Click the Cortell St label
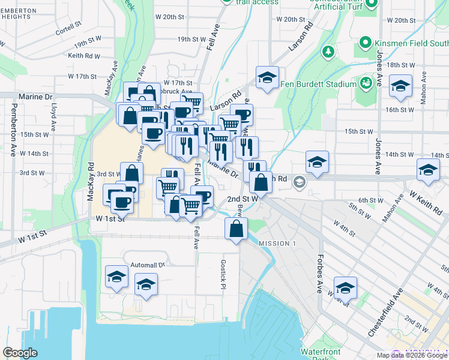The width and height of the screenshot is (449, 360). (68, 27)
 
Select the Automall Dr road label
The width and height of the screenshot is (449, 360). (148, 265)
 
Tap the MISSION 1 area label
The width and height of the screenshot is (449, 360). (277, 243)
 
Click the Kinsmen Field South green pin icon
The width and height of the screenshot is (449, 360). (364, 43)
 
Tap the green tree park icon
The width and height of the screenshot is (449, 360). (328, 52)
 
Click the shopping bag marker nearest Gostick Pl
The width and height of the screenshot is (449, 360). (237, 228)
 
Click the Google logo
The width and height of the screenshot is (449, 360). (20, 353)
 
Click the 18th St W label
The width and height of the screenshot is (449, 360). (402, 65)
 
